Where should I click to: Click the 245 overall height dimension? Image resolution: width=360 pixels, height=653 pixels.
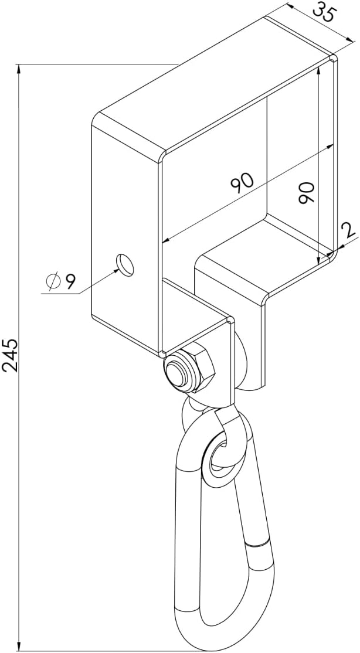coord(10,355)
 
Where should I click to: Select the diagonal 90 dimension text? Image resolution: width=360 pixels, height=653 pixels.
coord(243,183)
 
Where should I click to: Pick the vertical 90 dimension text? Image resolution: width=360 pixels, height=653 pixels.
coord(306,192)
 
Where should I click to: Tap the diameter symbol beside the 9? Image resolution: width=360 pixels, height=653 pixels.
coord(53,281)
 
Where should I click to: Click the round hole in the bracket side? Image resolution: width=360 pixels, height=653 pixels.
coord(126,264)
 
